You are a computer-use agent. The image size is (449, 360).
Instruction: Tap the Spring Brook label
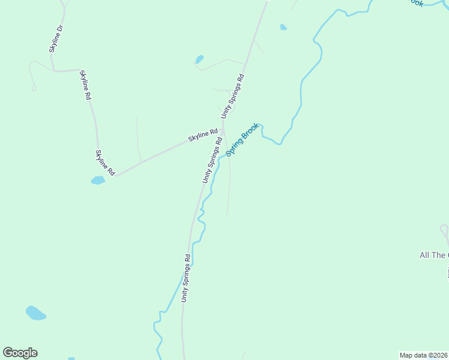tap(243, 139)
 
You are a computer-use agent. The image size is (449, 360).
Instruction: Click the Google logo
tap(20, 353)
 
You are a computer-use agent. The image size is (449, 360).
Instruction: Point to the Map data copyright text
tap(423, 355)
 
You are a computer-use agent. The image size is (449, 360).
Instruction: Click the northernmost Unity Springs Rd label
tap(233, 95)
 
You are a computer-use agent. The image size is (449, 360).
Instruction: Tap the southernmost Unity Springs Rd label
tap(186, 278)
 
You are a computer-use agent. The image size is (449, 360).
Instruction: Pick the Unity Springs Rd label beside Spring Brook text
tap(212, 160)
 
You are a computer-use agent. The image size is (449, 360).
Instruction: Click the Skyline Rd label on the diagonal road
tap(202, 136)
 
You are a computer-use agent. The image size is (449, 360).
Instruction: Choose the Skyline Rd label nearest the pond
tap(104, 163)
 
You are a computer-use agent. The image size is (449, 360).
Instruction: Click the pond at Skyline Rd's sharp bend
tap(97, 180)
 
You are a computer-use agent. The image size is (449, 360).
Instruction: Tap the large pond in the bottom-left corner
tap(35, 313)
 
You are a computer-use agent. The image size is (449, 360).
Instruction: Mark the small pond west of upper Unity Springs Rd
tap(199, 59)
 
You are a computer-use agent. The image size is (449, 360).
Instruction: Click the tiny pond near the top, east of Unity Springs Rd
tap(283, 27)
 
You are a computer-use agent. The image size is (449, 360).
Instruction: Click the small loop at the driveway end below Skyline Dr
tap(34, 88)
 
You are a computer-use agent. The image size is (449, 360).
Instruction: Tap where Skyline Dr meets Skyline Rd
tap(55, 71)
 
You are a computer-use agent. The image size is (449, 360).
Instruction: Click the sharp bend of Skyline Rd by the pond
tap(116, 176)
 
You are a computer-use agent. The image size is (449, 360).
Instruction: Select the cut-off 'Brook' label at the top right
tap(415, 2)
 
